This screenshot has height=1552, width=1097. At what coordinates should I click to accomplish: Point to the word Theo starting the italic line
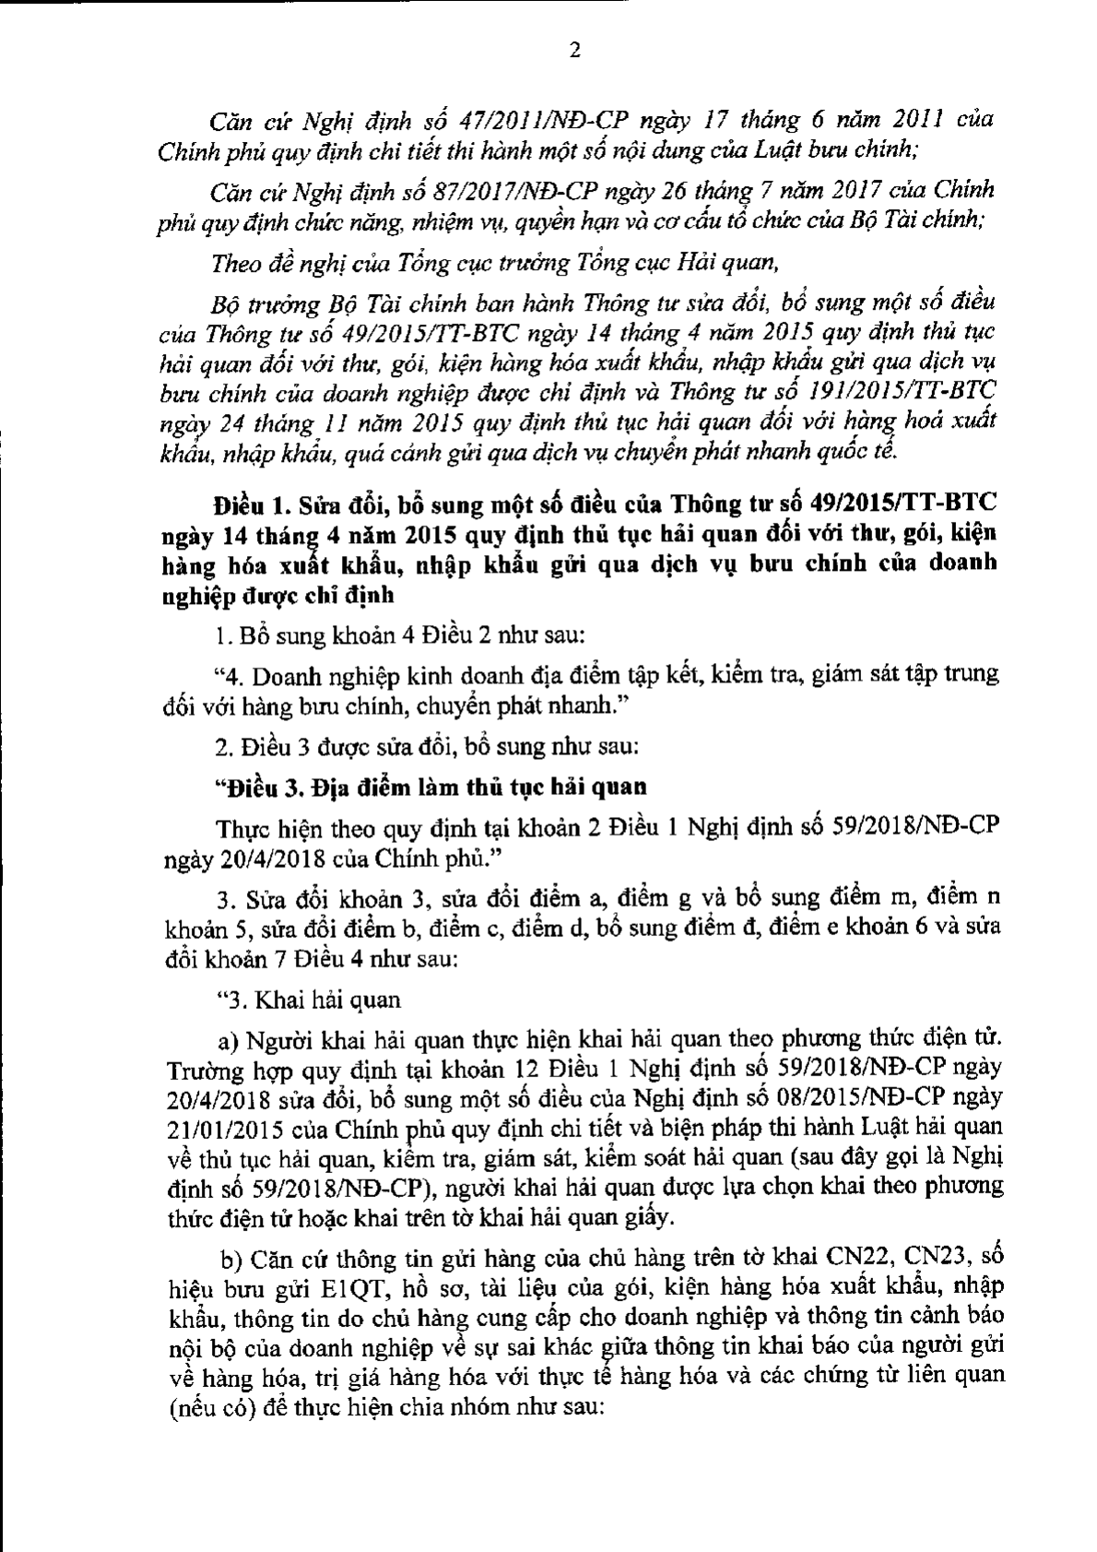(x=237, y=264)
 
